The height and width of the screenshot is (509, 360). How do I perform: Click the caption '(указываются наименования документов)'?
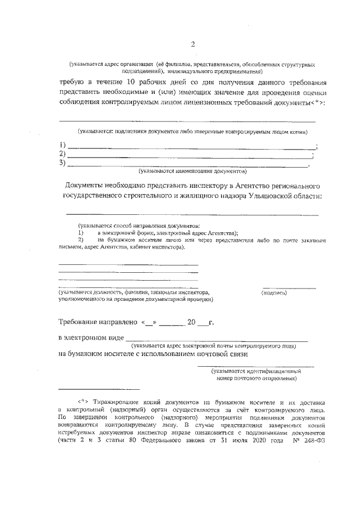pyautogui.click(x=192, y=170)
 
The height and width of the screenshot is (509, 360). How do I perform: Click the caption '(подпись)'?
pyautogui.click(x=274, y=293)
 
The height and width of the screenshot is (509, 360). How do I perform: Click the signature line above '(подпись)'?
pyautogui.click(x=289, y=287)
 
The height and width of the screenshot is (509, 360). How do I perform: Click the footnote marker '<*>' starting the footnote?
pyautogui.click(x=84, y=403)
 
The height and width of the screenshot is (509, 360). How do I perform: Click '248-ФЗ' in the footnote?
pyautogui.click(x=309, y=440)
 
